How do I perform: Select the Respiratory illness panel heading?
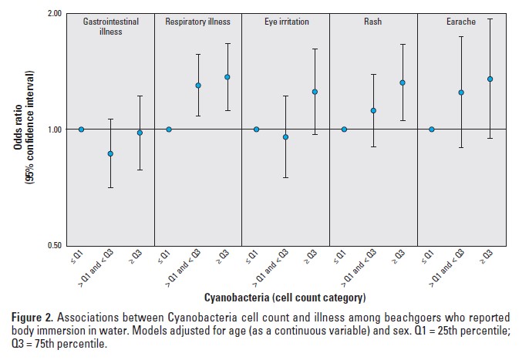click(x=198, y=22)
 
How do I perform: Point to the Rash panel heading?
click(x=373, y=22)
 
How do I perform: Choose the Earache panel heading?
click(x=460, y=22)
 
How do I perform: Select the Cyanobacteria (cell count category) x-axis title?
click(x=285, y=297)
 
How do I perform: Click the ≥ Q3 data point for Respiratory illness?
click(x=227, y=77)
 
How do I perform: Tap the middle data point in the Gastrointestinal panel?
click(x=110, y=153)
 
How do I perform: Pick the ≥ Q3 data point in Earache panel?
click(x=490, y=79)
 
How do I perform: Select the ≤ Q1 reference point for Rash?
click(x=344, y=129)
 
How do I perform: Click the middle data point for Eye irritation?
click(x=285, y=137)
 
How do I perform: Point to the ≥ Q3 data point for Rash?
click(x=403, y=82)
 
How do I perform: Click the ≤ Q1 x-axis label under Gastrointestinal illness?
click(x=77, y=257)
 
